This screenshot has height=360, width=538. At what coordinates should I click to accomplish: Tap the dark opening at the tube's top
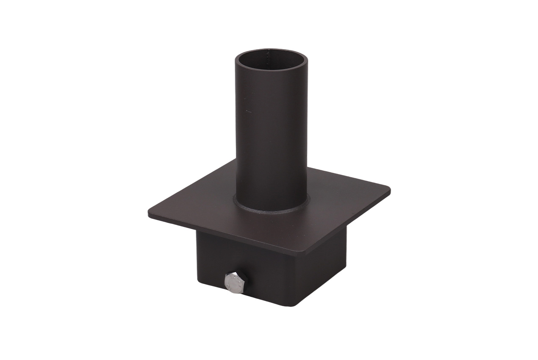271,59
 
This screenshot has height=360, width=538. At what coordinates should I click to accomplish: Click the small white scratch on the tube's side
248,111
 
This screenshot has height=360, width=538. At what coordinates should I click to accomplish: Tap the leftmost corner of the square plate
150,214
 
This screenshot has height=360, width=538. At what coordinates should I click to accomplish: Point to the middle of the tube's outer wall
271,136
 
